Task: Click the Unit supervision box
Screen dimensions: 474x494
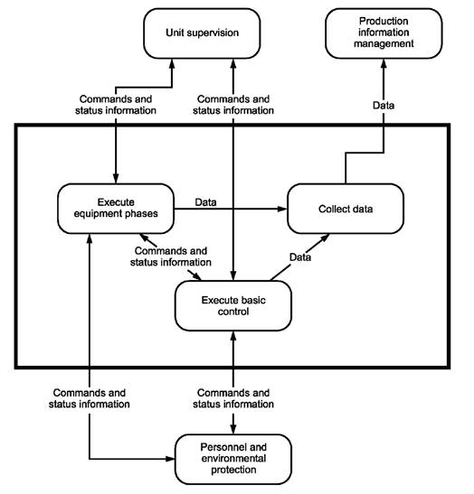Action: (x=202, y=33)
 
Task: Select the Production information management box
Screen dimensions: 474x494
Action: (x=384, y=33)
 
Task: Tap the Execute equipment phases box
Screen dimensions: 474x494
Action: (x=116, y=209)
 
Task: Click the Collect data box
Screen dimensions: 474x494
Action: (x=346, y=209)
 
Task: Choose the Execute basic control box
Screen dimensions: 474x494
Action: (x=233, y=305)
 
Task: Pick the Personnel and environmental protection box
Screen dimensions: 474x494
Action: (x=233, y=459)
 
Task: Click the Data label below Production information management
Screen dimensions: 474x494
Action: (x=384, y=106)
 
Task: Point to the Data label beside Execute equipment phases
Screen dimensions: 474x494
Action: (x=205, y=202)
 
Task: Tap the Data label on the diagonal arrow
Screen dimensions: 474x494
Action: (x=300, y=257)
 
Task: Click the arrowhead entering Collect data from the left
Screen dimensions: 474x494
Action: (x=282, y=209)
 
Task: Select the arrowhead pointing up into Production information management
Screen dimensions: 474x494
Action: (x=384, y=64)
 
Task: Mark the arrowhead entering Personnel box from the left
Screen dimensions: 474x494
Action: (x=170, y=459)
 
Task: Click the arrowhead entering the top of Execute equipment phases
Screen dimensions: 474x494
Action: (x=116, y=178)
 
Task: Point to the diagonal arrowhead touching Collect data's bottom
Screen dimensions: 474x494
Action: (x=325, y=238)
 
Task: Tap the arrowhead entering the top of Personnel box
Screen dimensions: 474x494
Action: (x=233, y=429)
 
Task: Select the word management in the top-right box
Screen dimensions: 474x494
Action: (x=384, y=43)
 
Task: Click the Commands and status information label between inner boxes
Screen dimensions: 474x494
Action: (x=171, y=256)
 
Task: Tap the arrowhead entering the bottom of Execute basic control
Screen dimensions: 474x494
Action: (x=233, y=336)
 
